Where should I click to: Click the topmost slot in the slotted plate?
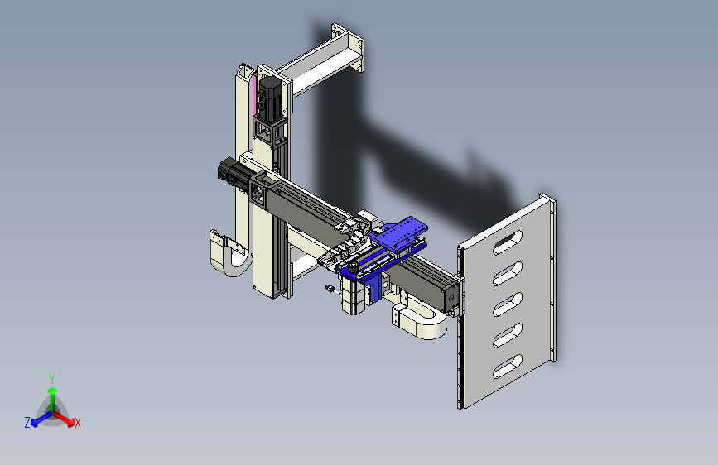point(508,242)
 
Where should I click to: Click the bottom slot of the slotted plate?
point(508,367)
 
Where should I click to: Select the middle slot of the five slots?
point(508,304)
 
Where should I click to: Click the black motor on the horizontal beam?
point(235,173)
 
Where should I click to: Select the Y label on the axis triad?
point(52,379)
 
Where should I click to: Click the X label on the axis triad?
point(78,424)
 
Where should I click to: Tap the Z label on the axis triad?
point(27,423)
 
